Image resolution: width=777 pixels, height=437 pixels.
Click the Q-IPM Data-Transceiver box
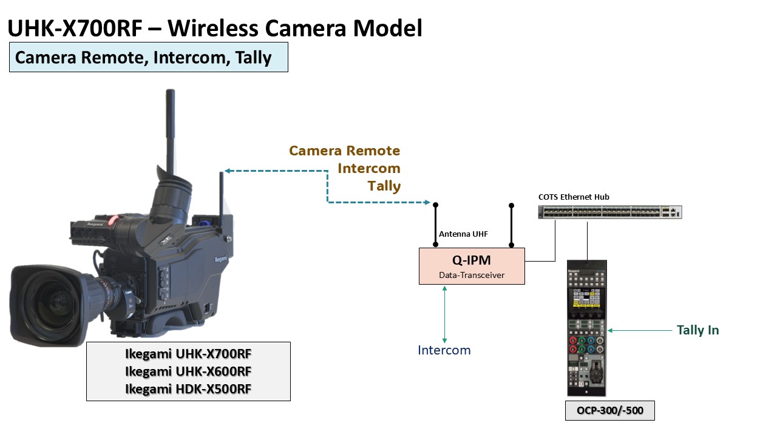(471, 266)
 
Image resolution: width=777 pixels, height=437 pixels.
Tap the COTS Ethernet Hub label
(574, 197)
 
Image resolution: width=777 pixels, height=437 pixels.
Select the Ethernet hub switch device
(609, 212)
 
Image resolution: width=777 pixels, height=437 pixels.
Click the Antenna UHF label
(463, 234)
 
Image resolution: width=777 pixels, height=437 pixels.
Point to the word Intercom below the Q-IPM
(444, 350)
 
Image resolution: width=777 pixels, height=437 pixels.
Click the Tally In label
(697, 330)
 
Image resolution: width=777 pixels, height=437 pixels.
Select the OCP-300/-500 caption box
(609, 411)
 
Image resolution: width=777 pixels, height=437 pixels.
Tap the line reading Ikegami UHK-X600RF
(188, 371)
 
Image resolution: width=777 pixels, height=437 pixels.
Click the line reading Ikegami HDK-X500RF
(188, 389)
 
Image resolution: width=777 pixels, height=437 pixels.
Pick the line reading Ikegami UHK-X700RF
(188, 353)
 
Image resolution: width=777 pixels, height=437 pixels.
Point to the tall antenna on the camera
(171, 121)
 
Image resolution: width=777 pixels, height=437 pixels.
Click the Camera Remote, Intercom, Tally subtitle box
(148, 58)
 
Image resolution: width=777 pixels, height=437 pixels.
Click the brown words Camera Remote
(344, 151)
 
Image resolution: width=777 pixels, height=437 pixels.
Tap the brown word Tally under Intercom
(384, 186)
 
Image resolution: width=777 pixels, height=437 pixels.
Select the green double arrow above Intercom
(444, 314)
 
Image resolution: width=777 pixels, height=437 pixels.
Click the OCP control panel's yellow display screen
(586, 300)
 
